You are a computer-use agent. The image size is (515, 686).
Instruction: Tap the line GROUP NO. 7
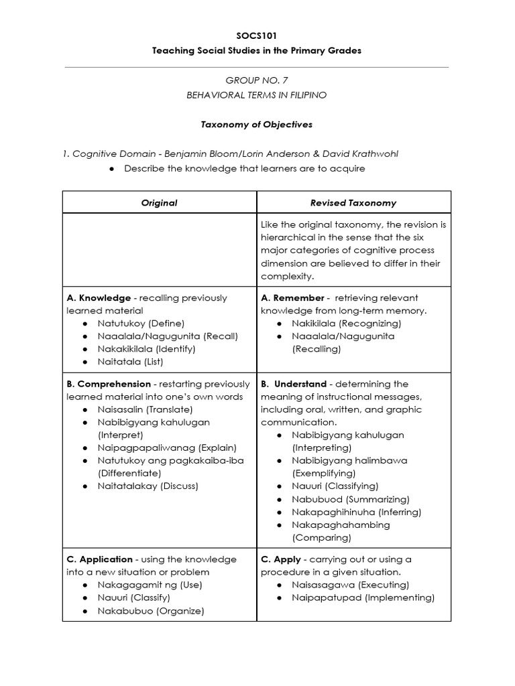click(257, 80)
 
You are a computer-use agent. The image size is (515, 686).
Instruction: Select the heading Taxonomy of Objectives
click(257, 125)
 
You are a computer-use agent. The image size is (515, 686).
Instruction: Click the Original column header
click(160, 202)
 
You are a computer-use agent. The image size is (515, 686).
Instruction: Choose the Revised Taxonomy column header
click(353, 202)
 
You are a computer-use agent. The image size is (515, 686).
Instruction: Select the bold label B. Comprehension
click(109, 385)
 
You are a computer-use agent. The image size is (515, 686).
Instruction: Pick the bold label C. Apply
click(282, 559)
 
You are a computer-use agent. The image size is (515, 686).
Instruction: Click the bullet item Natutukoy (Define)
click(141, 324)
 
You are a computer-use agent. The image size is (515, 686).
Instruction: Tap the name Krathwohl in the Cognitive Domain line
click(372, 153)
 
